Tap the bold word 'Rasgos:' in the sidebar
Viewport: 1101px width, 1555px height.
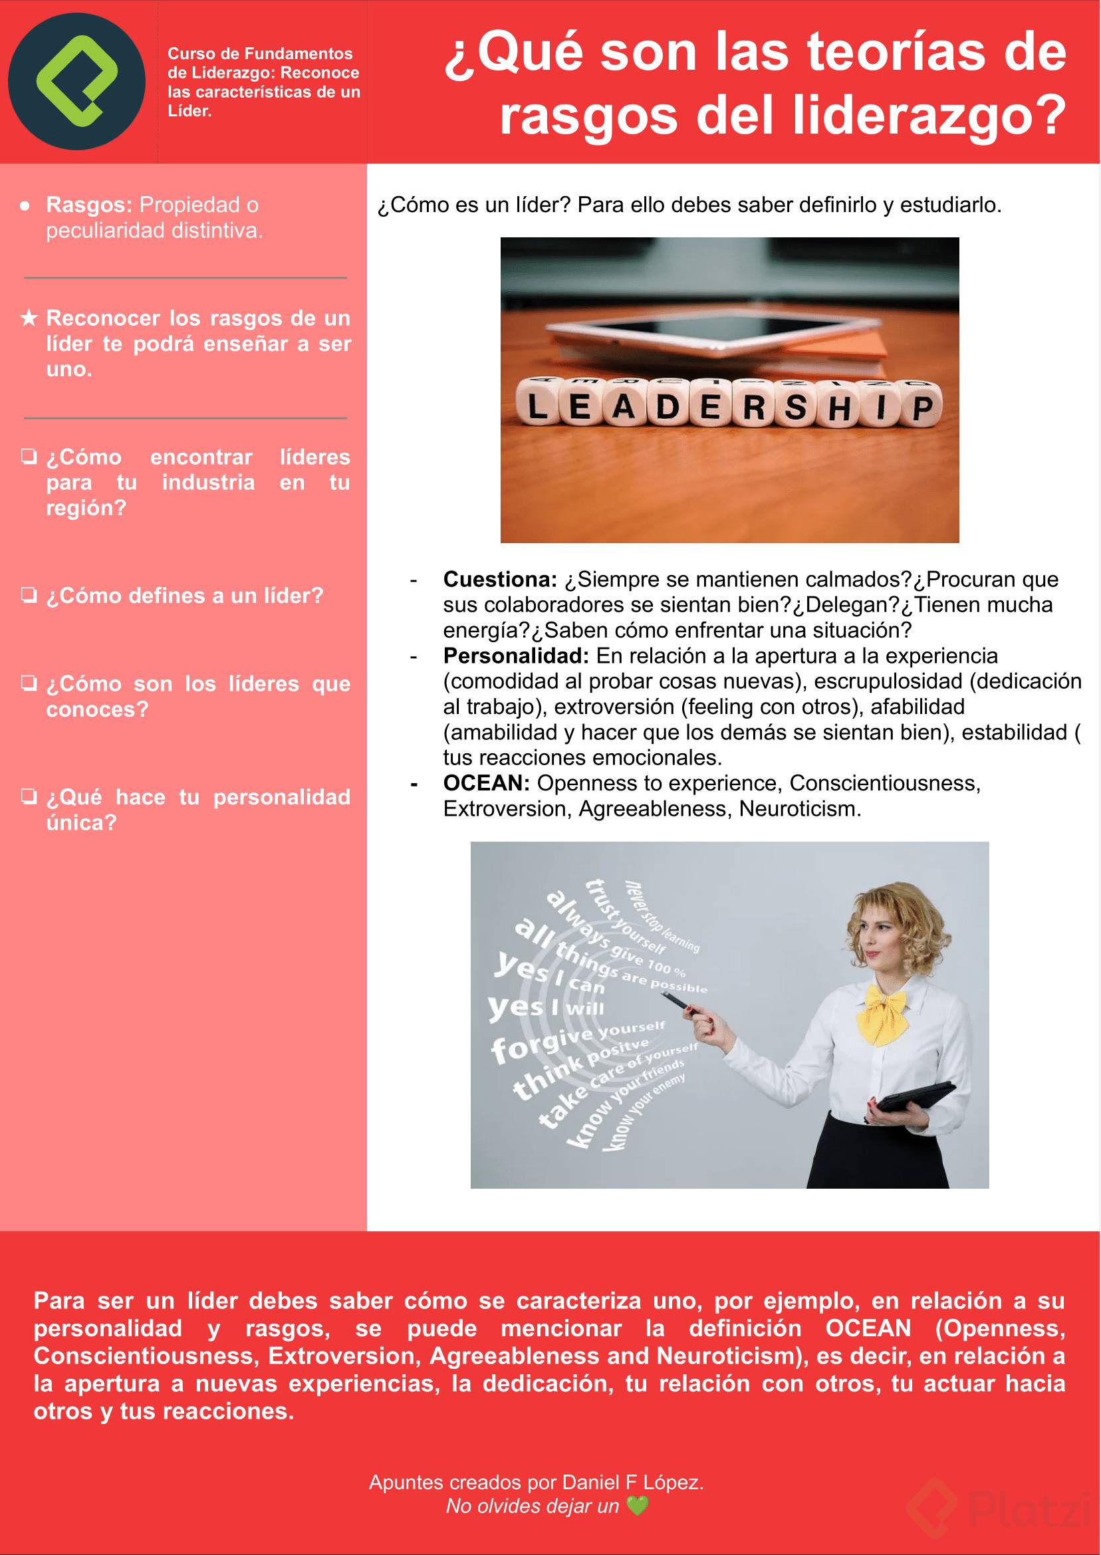[89, 205]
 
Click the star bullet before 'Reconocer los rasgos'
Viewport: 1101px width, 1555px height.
[29, 318]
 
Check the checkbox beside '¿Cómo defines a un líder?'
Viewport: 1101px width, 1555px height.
[29, 596]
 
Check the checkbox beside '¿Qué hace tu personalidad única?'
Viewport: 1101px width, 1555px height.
[29, 796]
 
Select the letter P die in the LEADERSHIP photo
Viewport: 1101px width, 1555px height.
[922, 408]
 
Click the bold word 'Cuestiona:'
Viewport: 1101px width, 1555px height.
[500, 580]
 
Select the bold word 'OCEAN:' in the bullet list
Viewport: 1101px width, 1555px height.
[486, 783]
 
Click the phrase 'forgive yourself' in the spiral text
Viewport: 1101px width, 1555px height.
[576, 1041]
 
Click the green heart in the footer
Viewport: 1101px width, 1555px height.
[637, 1506]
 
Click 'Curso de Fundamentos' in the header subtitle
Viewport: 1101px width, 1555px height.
[261, 54]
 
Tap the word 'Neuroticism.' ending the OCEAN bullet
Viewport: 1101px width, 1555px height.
[799, 808]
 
